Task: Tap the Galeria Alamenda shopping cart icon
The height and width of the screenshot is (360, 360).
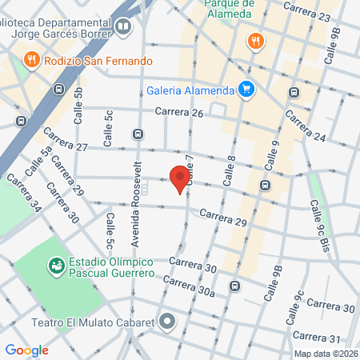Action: [x=246, y=90]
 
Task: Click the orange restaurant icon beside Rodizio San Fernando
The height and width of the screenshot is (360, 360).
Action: [x=31, y=58]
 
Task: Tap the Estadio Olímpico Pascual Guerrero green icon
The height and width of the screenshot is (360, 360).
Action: [x=56, y=264]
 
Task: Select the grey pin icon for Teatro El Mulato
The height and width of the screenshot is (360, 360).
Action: [x=167, y=322]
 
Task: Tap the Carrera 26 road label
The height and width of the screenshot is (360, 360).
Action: [x=179, y=113]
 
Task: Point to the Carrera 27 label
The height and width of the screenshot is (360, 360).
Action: [x=65, y=139]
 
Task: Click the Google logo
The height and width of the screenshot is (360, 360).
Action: [x=27, y=350]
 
